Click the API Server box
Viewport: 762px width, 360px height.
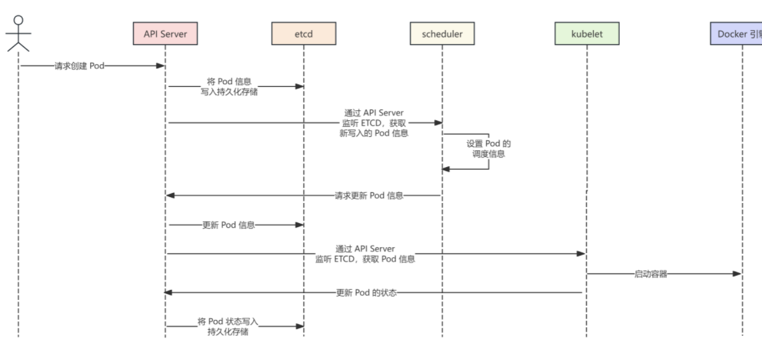point(165,33)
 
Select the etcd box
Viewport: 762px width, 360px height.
point(304,33)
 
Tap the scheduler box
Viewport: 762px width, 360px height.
point(442,33)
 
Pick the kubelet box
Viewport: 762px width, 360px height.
point(587,33)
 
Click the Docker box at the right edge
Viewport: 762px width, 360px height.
point(736,33)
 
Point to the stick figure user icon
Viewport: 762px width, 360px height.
point(19,33)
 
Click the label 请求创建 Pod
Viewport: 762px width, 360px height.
point(79,66)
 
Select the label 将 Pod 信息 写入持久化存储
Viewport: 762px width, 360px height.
point(229,86)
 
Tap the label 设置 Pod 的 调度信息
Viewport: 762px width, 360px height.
point(488,149)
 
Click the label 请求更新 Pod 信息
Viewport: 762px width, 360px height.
point(369,196)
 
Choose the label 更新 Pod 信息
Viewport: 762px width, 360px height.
point(228,226)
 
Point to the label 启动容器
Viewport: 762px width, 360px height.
point(650,274)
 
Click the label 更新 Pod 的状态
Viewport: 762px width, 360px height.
point(367,293)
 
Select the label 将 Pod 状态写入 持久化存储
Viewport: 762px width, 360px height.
point(228,327)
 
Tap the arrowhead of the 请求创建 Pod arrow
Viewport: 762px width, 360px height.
point(160,65)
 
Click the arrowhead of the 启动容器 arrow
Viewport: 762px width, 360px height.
point(737,274)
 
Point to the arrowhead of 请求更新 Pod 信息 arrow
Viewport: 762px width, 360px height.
point(170,195)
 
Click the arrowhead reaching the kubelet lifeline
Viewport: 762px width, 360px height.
point(581,254)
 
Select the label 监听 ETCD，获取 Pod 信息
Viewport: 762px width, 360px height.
point(365,259)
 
